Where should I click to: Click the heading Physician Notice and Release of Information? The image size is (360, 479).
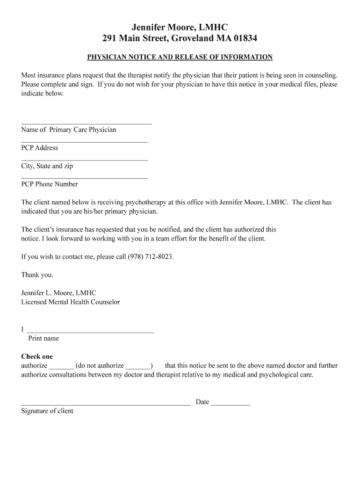tap(180, 57)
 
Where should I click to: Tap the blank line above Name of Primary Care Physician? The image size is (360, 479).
tap(86, 123)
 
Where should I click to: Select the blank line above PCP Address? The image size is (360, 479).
tap(85, 142)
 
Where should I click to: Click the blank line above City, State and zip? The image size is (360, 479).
tap(85, 160)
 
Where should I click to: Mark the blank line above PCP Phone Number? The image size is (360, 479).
tap(85, 178)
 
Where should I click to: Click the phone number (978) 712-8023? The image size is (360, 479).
tap(150, 257)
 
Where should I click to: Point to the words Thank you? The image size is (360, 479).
tap(37, 275)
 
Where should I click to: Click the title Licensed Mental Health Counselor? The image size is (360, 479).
tap(71, 302)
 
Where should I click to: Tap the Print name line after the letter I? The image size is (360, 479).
tap(91, 332)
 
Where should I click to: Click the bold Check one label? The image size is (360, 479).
tap(37, 356)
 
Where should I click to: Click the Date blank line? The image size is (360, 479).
tap(230, 404)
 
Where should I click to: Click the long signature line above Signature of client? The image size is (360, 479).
tap(106, 404)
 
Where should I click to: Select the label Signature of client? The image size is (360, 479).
tap(47, 411)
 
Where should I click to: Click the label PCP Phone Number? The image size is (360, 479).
tap(50, 184)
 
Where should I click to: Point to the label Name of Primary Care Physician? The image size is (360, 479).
tap(69, 130)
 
